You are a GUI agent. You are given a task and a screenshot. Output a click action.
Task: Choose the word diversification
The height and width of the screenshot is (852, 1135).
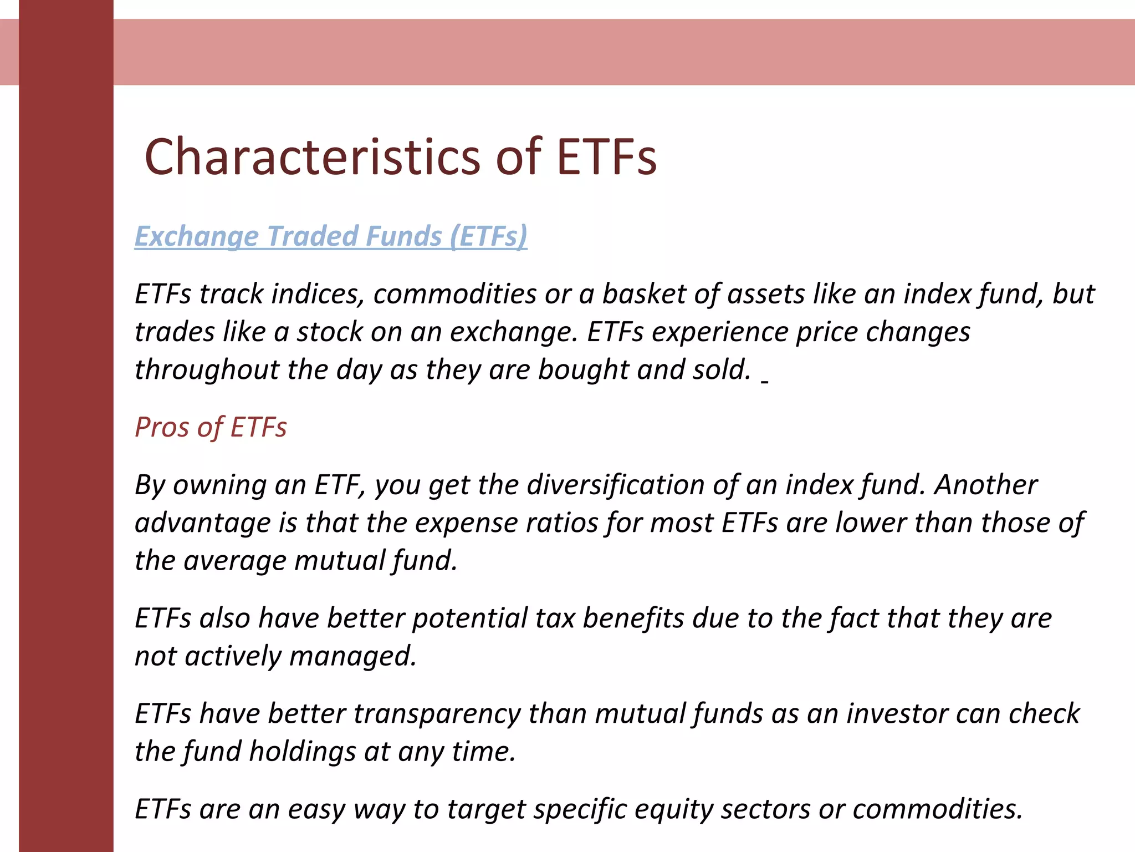pos(615,485)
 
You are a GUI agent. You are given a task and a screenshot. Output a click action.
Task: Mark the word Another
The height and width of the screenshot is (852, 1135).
pos(986,485)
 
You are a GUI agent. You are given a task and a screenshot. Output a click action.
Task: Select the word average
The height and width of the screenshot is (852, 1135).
pos(234,561)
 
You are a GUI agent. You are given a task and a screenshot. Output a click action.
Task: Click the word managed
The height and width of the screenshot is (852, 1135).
pos(352,656)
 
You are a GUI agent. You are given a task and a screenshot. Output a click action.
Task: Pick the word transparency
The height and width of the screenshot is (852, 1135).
pos(437,714)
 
